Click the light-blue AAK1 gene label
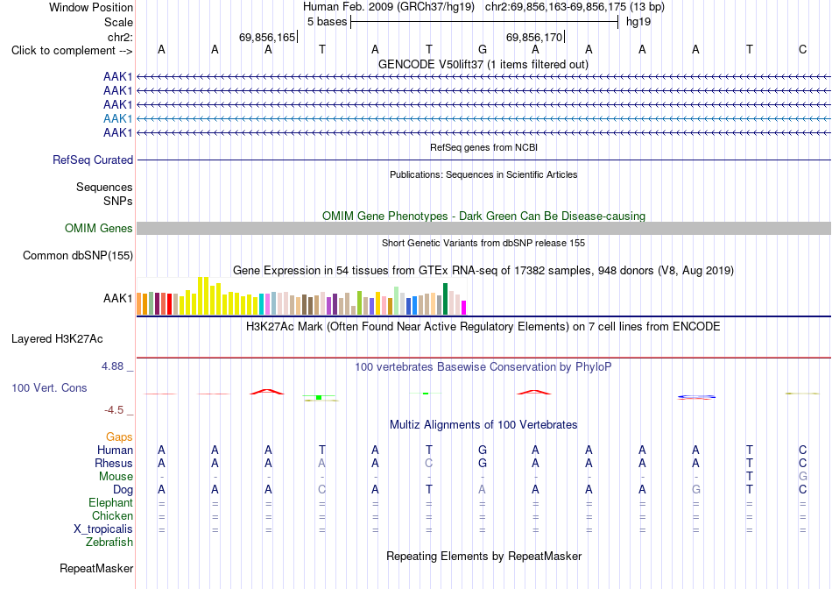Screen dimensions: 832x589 118,118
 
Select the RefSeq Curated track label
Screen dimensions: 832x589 93,160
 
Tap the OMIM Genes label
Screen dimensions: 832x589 99,229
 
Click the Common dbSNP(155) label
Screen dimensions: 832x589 78,255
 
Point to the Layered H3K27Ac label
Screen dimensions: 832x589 57,339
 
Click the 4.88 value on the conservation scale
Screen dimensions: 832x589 112,366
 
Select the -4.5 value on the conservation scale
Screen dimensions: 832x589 114,410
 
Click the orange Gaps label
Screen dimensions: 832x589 119,436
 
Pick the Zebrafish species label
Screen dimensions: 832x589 109,543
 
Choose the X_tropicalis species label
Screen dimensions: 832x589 103,529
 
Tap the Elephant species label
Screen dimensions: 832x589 110,502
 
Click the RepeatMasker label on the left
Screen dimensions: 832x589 96,568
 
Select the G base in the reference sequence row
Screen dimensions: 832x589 483,49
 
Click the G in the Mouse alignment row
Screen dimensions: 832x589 803,477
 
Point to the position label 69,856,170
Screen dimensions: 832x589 534,37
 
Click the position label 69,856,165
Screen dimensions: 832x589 267,37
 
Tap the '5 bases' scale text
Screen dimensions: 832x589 327,22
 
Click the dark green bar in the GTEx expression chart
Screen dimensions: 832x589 445,299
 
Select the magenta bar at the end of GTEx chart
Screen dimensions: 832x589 464,308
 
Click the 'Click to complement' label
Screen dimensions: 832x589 72,51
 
